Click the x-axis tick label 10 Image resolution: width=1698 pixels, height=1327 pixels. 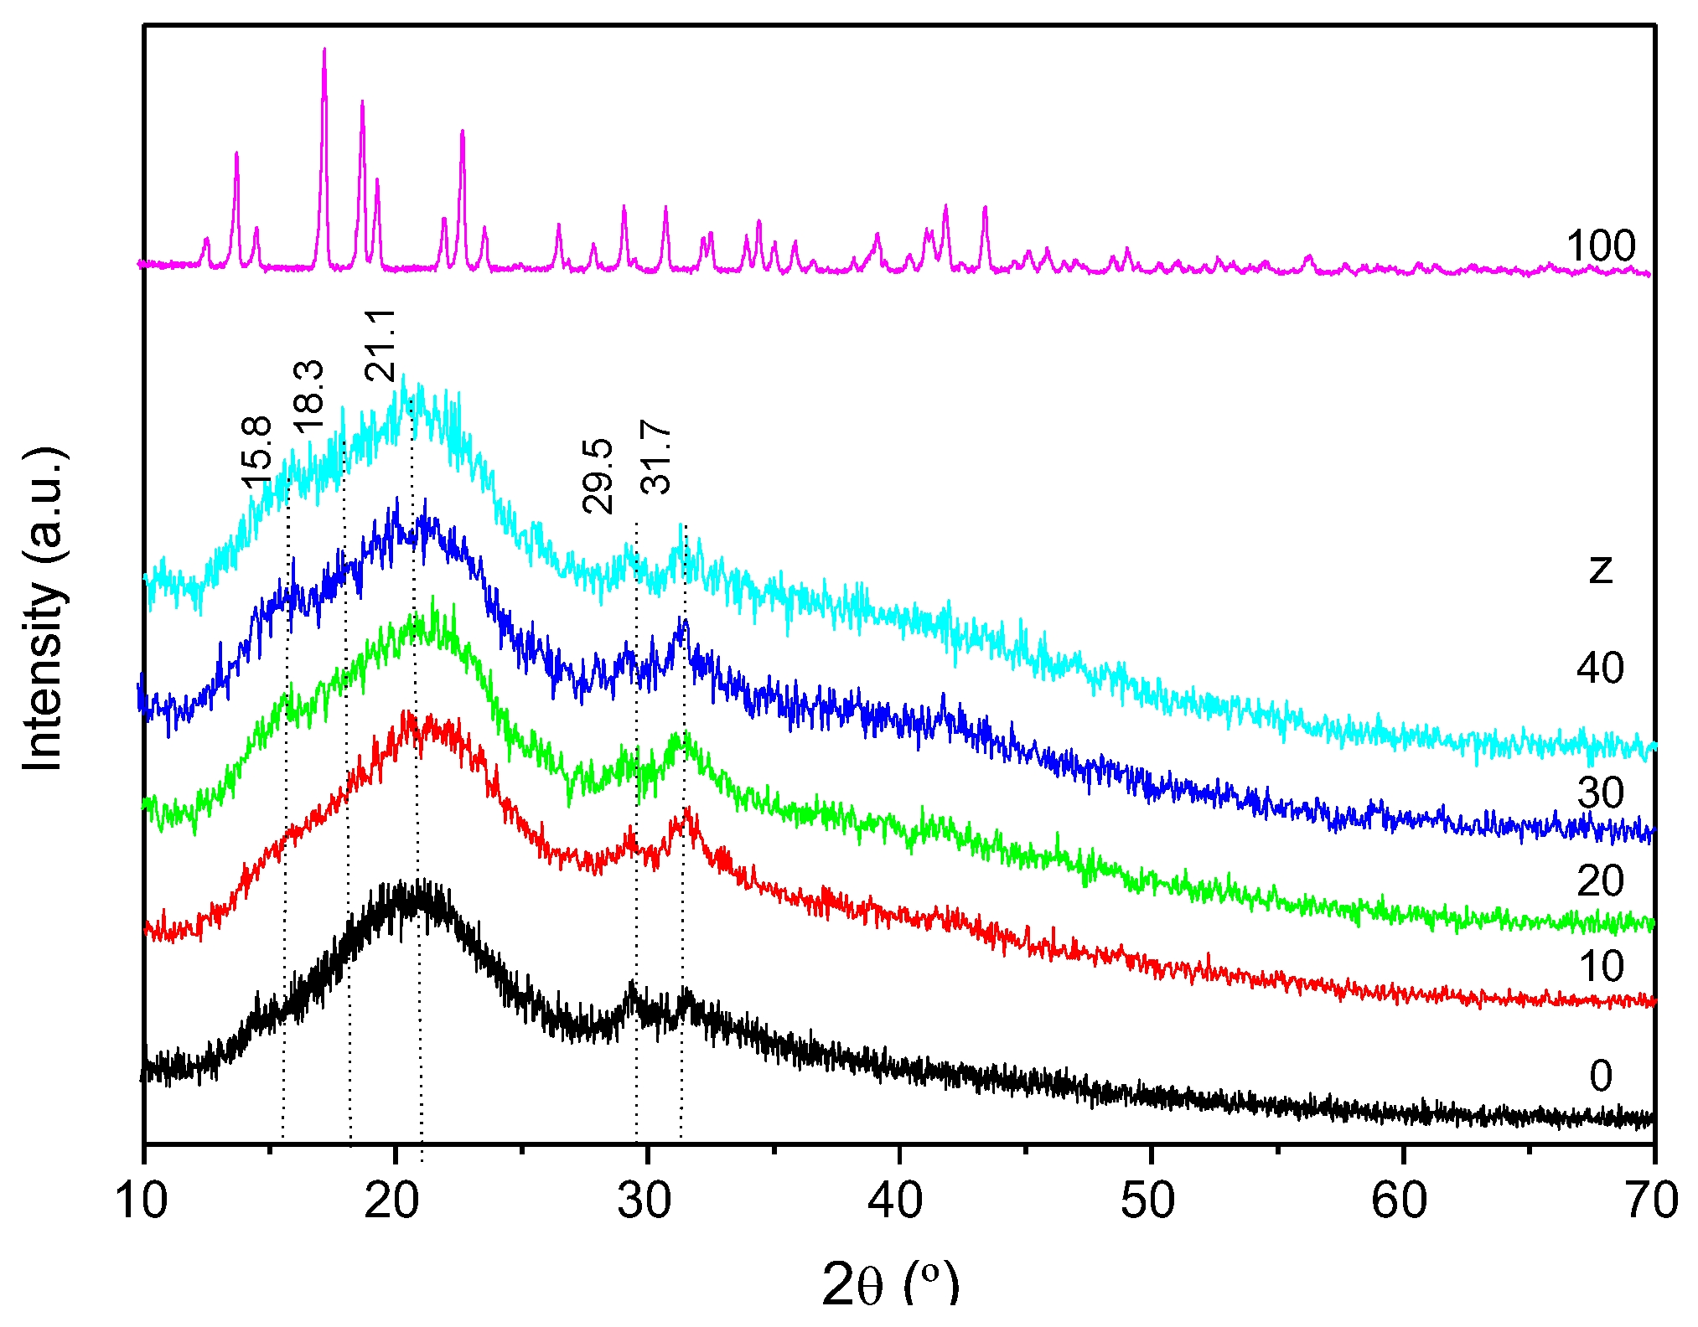pos(142,1200)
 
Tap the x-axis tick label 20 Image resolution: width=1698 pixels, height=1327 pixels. pos(392,1200)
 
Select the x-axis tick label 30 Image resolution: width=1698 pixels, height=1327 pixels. pos(644,1200)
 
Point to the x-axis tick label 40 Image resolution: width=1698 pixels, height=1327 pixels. pos(896,1200)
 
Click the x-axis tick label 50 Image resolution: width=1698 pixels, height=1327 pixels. pos(1147,1200)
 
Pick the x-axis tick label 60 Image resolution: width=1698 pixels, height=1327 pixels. pos(1399,1200)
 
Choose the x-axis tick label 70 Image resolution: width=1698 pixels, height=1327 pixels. pos(1650,1200)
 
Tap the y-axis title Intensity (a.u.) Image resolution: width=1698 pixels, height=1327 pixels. pos(44,610)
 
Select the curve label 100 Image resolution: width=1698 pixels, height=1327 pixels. pos(1600,246)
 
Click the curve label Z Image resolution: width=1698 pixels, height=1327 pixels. pos(1600,570)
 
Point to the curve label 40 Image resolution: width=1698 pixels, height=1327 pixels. pos(1600,669)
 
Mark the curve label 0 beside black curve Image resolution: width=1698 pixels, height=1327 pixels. pos(1600,1076)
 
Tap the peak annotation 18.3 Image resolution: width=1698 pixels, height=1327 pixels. pos(308,394)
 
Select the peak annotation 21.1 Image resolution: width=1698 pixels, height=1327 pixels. pos(380,344)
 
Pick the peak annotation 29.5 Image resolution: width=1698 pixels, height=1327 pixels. pos(598,476)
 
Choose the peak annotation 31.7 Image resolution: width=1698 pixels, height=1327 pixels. pos(655,457)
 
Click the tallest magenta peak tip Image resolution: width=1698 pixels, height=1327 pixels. pos(324,49)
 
